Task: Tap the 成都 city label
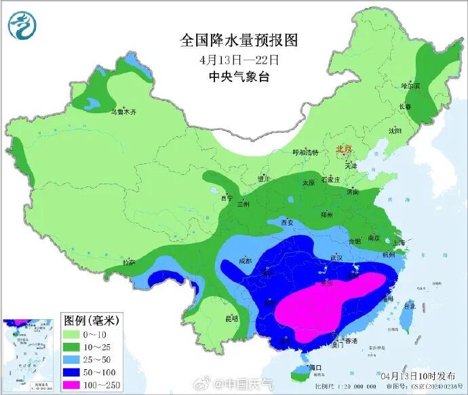(x=245, y=261)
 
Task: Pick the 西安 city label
(x=287, y=222)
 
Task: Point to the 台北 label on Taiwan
(x=409, y=306)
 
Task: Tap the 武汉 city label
(x=336, y=258)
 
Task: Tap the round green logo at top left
(x=21, y=25)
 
